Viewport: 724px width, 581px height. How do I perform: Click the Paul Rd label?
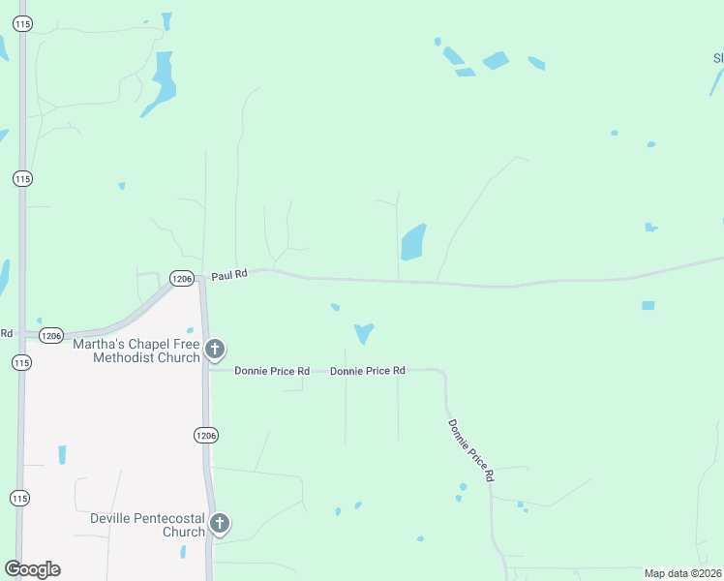(230, 275)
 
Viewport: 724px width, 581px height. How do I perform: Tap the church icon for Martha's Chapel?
(215, 350)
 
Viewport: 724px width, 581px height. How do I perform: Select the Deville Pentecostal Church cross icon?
(220, 525)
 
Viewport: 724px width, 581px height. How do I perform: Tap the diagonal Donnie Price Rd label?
(471, 450)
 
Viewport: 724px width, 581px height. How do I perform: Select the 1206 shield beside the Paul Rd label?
(181, 278)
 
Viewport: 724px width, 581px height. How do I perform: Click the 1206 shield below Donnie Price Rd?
(205, 435)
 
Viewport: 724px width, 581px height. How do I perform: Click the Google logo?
(32, 569)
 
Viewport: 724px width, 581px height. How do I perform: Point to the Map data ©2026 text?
(682, 573)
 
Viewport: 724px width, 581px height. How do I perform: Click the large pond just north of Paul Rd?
(412, 242)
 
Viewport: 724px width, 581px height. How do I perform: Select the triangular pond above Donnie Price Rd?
(364, 332)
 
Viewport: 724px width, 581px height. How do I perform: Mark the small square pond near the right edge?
(648, 305)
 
